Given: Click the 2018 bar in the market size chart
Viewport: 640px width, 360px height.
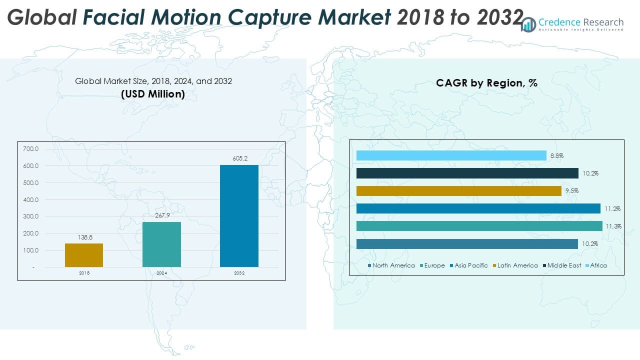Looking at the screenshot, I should tap(84, 255).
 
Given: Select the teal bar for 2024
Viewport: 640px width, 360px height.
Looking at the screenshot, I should tap(161, 244).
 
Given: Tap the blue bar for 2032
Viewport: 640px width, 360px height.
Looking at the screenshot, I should tap(239, 215).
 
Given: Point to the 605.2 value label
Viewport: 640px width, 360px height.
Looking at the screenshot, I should tap(239, 158).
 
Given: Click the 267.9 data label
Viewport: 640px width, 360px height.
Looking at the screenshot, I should tap(161, 215).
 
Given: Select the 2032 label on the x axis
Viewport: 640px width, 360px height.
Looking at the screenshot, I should tap(239, 273).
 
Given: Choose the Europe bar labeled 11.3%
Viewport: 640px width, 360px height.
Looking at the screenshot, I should tap(479, 226).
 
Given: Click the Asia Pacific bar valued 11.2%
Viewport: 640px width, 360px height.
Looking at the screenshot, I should tap(478, 208).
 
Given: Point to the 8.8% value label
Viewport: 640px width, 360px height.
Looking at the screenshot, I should tap(557, 156).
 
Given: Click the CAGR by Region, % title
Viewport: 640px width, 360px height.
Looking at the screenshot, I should tap(486, 83).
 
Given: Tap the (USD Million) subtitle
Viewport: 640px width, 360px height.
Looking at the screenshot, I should tap(153, 94).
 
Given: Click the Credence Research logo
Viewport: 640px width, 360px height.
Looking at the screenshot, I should tap(572, 24).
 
